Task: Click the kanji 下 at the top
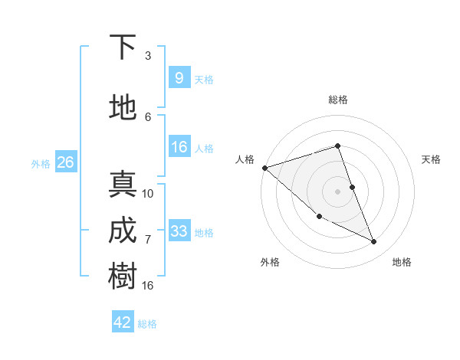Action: tap(123, 47)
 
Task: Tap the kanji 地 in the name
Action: tap(123, 108)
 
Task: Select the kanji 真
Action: tap(123, 185)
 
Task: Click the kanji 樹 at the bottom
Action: tap(123, 277)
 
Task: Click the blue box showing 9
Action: tap(179, 77)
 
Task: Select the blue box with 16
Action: tap(179, 147)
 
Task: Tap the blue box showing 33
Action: tap(179, 231)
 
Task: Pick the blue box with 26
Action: tap(65, 162)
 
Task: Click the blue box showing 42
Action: tap(123, 322)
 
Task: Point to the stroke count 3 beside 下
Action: tap(148, 56)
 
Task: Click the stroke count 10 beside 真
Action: tap(148, 193)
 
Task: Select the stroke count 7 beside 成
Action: tap(148, 240)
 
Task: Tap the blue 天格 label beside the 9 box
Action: tap(204, 79)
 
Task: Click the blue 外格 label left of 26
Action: tap(41, 163)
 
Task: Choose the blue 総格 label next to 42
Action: tap(147, 324)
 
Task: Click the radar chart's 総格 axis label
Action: tap(338, 100)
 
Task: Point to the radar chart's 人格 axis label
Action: tap(245, 159)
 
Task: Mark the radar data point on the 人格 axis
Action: tap(264, 168)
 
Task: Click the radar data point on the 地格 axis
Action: tap(374, 242)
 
